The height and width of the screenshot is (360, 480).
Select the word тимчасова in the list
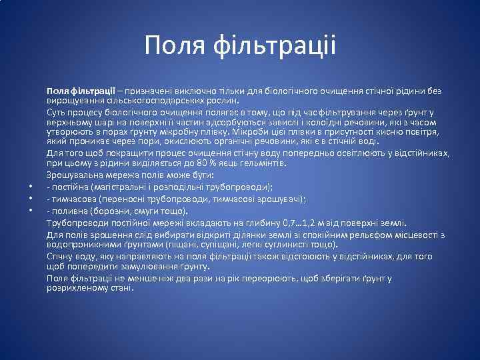point(76,199)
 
